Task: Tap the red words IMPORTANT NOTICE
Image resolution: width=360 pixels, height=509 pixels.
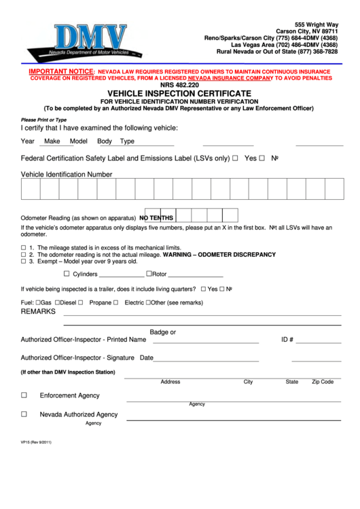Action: pyautogui.click(x=60, y=71)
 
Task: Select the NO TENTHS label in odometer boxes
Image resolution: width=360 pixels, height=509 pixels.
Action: pyautogui.click(x=157, y=217)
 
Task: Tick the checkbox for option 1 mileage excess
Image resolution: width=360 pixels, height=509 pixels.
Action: pyautogui.click(x=24, y=247)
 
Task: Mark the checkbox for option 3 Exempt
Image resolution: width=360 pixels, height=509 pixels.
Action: pyautogui.click(x=24, y=261)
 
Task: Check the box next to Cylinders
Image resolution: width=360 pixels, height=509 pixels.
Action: pyautogui.click(x=67, y=274)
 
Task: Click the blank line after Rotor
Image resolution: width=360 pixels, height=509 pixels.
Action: pyautogui.click(x=195, y=275)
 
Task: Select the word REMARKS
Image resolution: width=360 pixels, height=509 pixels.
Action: pyautogui.click(x=38, y=311)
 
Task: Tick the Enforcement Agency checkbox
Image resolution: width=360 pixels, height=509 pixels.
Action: pyautogui.click(x=24, y=395)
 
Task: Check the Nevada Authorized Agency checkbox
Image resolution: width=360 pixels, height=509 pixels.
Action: pyautogui.click(x=24, y=414)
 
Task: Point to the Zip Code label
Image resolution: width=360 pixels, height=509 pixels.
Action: pyautogui.click(x=323, y=382)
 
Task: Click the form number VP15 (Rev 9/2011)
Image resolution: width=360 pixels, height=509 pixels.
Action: pyautogui.click(x=36, y=442)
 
